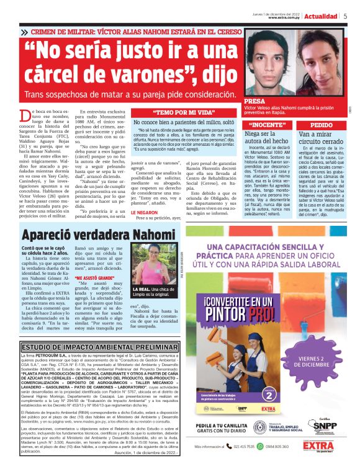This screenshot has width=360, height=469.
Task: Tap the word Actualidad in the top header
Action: pyautogui.click(x=323, y=17)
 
